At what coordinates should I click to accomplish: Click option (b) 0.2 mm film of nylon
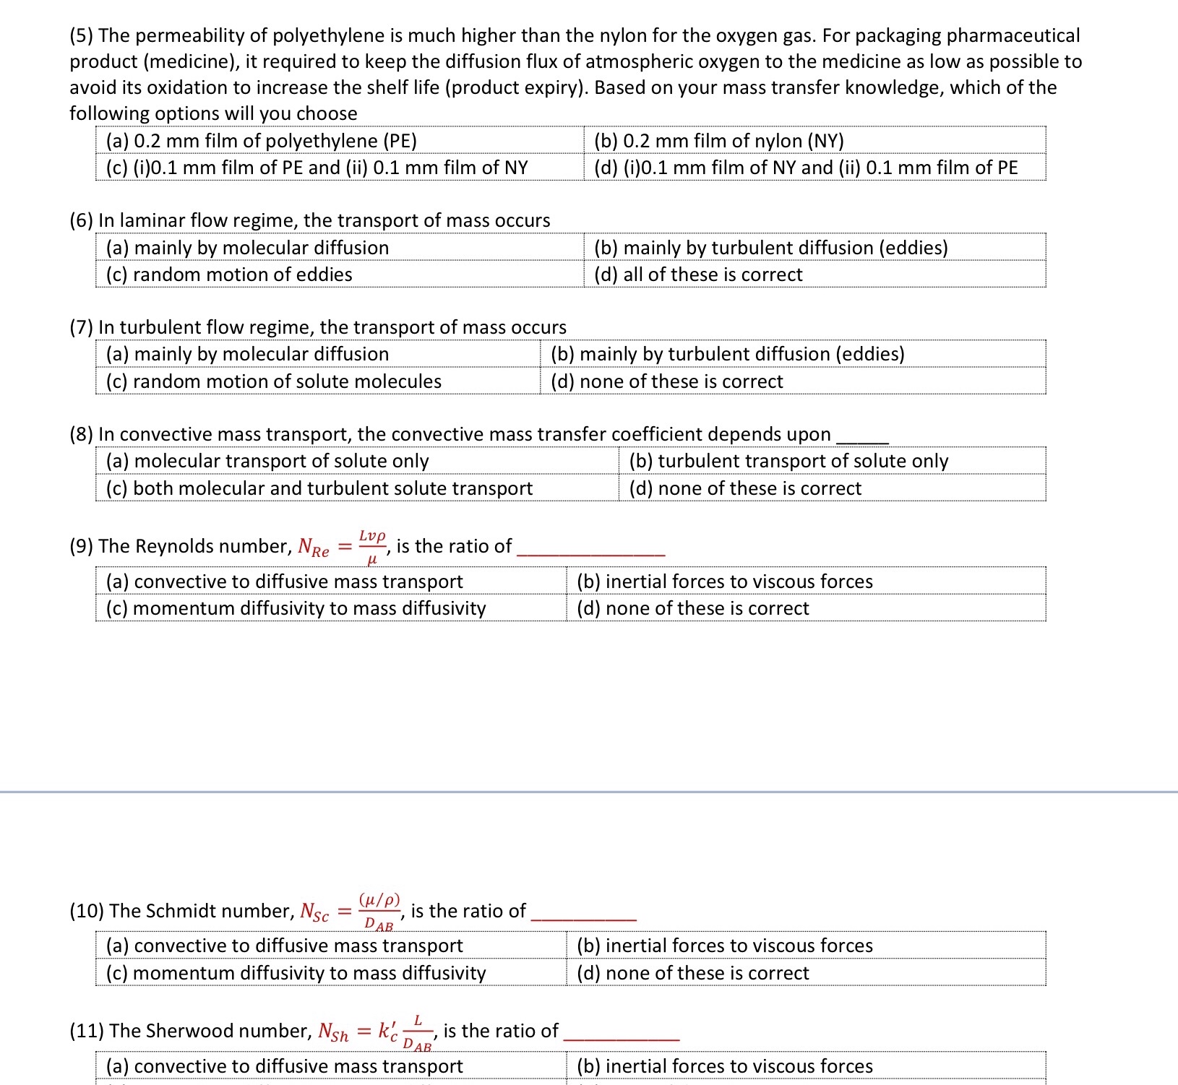(x=718, y=140)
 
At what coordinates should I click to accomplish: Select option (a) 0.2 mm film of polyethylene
(x=261, y=140)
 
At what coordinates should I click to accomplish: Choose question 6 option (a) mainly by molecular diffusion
(x=247, y=248)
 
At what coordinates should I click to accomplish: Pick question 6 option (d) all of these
(x=697, y=275)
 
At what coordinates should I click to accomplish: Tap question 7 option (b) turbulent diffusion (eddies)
(x=727, y=354)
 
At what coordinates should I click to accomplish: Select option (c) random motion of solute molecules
(x=273, y=381)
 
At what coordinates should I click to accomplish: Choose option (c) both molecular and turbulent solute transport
(x=319, y=488)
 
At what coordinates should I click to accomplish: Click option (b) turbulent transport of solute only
(x=788, y=461)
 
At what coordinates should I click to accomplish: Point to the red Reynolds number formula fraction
(x=372, y=546)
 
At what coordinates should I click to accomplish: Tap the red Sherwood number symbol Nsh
(x=333, y=1032)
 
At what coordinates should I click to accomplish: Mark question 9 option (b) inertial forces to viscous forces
(x=724, y=582)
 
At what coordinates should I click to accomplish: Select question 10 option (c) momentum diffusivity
(x=296, y=973)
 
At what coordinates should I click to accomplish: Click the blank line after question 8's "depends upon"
(x=861, y=438)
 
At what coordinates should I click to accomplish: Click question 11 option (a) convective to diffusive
(x=284, y=1066)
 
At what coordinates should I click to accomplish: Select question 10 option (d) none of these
(x=692, y=973)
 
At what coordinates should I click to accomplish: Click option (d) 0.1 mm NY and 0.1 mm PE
(x=805, y=168)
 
